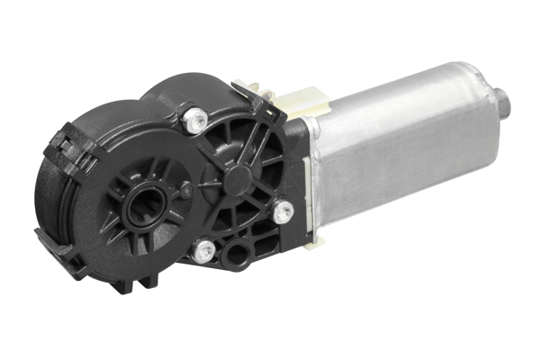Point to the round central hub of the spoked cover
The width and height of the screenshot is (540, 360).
(x=240, y=176)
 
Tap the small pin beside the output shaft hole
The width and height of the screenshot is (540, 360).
(x=185, y=190)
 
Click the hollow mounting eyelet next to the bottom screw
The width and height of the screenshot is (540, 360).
(x=237, y=254)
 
